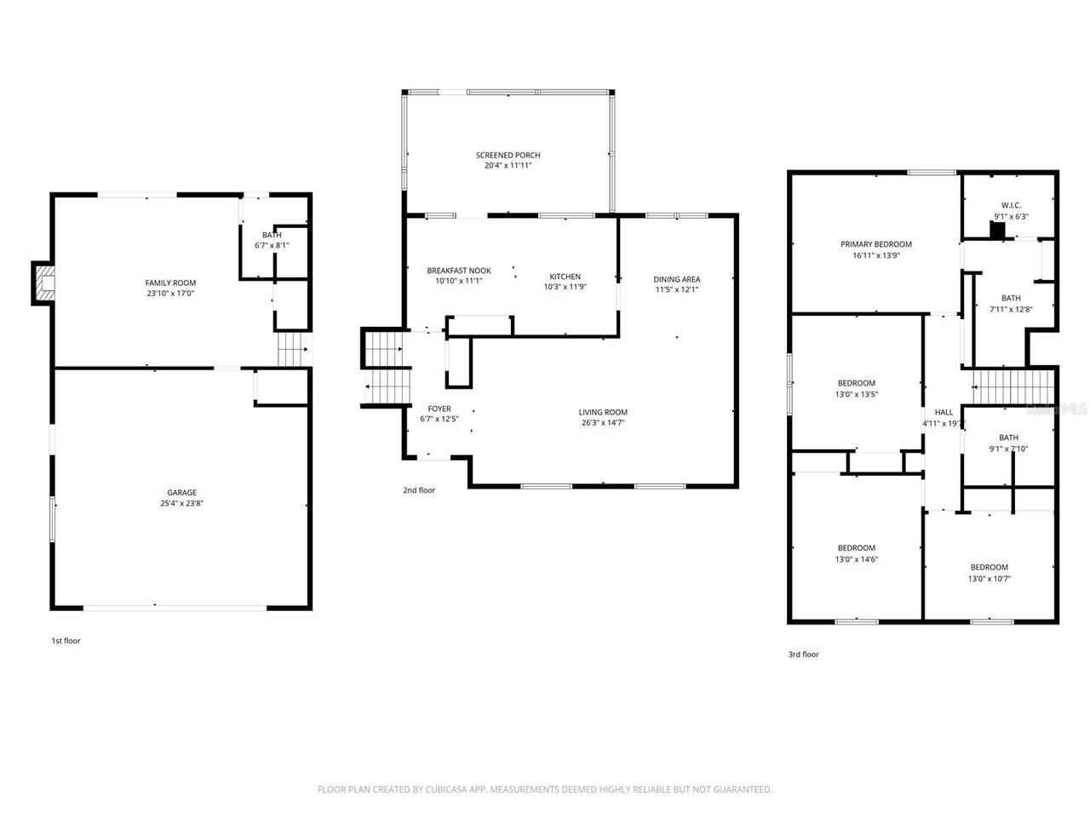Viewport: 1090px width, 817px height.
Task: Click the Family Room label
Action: tap(170, 283)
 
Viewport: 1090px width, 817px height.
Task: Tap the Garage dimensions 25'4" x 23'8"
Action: tap(181, 503)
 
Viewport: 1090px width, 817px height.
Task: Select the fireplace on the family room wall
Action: tap(43, 283)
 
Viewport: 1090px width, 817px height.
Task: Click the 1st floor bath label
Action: tap(272, 235)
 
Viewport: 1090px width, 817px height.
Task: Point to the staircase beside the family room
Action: tap(294, 349)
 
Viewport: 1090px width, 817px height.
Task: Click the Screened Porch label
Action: tap(508, 155)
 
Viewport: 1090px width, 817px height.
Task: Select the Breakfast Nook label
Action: tap(459, 271)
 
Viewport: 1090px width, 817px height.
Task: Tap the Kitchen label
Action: tap(565, 277)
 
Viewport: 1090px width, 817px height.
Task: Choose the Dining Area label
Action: tap(677, 279)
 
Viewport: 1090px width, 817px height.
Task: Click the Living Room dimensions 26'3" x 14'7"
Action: tap(603, 422)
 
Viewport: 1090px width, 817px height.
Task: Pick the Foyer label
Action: tap(439, 408)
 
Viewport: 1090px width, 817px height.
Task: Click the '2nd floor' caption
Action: tap(419, 490)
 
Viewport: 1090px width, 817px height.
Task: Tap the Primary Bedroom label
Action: tap(875, 244)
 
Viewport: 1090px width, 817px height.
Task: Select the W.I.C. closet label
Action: tap(1011, 205)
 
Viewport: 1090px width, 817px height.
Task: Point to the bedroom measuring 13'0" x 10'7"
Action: tap(989, 573)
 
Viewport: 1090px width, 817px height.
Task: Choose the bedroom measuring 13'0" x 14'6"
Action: tap(856, 553)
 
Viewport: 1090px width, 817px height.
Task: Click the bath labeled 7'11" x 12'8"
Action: tap(1011, 303)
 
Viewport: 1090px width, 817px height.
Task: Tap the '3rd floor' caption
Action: tap(803, 654)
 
